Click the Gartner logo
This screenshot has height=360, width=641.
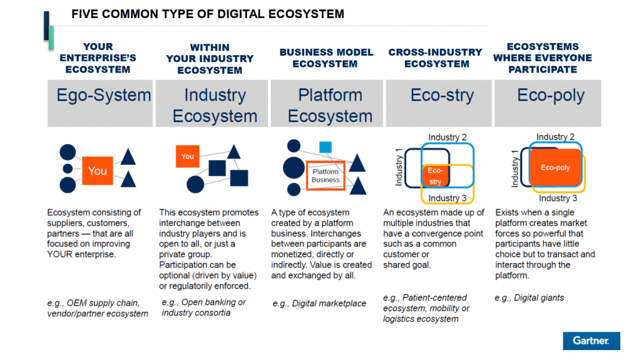(591, 341)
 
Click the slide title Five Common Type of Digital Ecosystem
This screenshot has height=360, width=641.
(208, 14)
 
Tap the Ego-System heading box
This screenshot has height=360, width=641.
(100, 103)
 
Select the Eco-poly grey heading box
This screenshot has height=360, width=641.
(548, 103)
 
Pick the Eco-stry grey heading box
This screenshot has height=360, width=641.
(439, 103)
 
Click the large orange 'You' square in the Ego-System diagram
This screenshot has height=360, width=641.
(97, 170)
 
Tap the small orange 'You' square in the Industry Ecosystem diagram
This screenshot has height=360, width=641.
(188, 157)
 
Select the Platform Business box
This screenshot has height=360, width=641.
(326, 176)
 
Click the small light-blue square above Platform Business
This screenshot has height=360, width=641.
(326, 147)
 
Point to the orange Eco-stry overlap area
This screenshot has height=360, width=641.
(435, 175)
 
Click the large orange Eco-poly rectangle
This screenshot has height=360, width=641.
(555, 167)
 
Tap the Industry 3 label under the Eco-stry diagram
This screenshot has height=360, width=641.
(447, 198)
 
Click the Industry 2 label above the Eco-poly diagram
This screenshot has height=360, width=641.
(555, 136)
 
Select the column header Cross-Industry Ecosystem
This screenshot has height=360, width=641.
(436, 58)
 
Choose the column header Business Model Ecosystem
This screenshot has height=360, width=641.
(326, 58)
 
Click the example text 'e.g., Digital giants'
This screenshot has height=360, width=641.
(529, 298)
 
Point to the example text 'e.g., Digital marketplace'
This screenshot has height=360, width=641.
(319, 304)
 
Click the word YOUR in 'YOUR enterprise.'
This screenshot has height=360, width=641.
(59, 254)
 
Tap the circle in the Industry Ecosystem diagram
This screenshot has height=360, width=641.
(195, 185)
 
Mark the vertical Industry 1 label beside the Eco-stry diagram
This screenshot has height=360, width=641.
(399, 167)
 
